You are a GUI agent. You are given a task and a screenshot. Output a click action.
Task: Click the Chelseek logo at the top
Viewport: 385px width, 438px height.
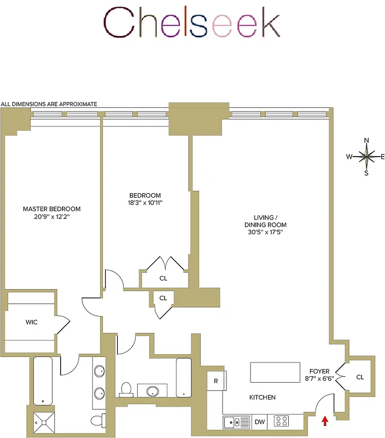click(x=192, y=23)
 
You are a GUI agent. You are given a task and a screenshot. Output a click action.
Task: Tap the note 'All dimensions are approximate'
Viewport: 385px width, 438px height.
click(x=49, y=104)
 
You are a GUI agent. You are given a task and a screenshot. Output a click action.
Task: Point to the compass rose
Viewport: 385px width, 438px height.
click(x=366, y=157)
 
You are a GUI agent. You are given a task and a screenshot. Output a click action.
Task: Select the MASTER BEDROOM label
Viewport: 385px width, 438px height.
click(x=51, y=209)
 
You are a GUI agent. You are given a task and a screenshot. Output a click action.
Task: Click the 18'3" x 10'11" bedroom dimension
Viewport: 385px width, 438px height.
click(x=145, y=203)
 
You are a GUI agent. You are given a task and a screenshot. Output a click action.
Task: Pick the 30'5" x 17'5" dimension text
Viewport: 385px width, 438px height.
click(x=266, y=232)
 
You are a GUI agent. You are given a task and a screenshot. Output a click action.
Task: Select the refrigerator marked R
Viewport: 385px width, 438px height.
click(x=215, y=381)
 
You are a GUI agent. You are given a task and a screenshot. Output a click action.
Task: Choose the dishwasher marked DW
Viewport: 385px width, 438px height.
click(x=260, y=422)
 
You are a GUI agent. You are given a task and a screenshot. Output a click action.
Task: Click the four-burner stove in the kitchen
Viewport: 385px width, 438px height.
click(x=282, y=422)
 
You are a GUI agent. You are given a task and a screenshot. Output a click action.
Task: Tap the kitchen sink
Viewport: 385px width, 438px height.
click(x=236, y=422)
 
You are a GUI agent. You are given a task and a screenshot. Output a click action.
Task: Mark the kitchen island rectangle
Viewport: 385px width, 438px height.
click(x=275, y=372)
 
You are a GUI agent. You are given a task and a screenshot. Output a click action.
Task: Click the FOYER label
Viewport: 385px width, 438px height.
click(x=319, y=371)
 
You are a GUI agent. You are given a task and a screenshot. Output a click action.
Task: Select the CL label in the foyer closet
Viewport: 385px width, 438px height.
click(x=359, y=377)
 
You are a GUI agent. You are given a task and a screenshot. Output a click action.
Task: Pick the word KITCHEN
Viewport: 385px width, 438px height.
click(x=262, y=397)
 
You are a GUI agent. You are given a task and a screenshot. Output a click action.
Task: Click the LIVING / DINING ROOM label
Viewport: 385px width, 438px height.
click(x=266, y=221)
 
